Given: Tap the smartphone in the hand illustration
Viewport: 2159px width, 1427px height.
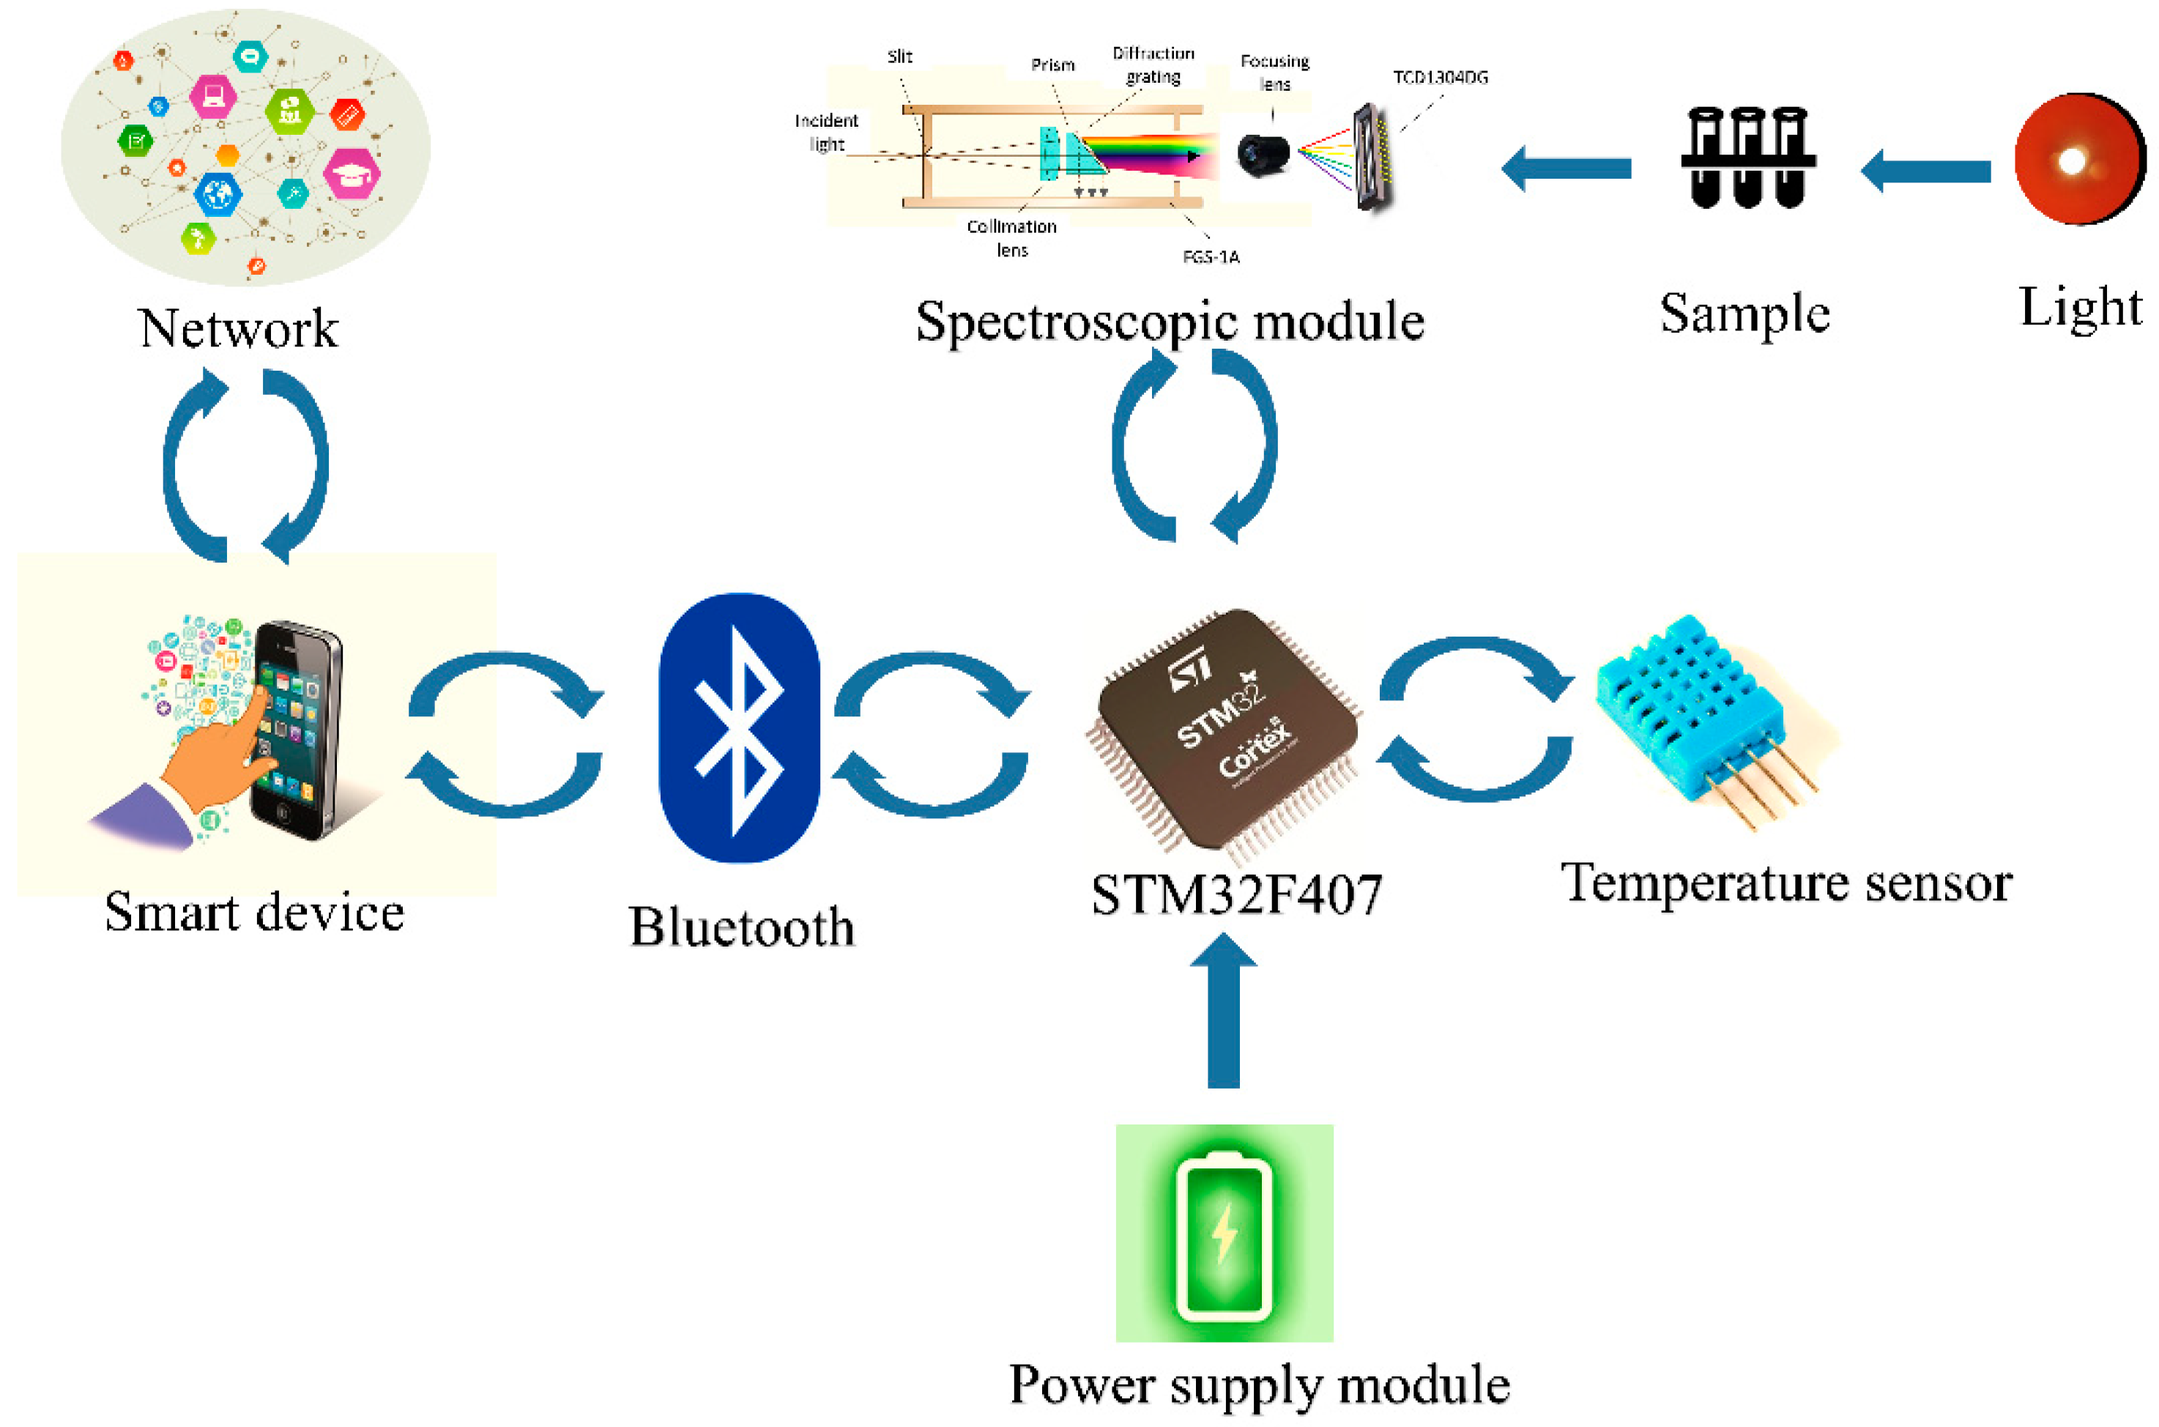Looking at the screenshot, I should point(296,728).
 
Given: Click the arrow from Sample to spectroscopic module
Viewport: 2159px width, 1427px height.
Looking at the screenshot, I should point(1566,168).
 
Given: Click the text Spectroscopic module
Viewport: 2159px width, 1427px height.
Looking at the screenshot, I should point(1169,322).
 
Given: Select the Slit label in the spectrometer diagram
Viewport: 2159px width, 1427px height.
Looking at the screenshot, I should point(899,56).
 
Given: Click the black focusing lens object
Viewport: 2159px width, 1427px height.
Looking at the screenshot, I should point(1263,154).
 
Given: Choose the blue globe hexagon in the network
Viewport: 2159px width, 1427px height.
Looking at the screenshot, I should point(218,194).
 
